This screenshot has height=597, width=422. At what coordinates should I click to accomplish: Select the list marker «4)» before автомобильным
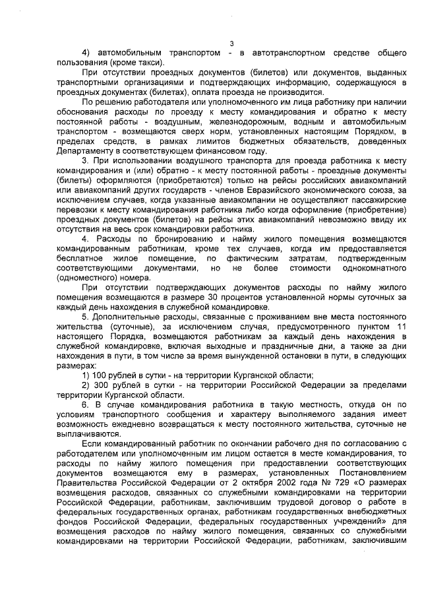tap(85, 53)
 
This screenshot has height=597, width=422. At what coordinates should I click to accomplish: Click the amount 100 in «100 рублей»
tap(102, 375)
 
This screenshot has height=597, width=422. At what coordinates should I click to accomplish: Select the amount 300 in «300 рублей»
tap(102, 384)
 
